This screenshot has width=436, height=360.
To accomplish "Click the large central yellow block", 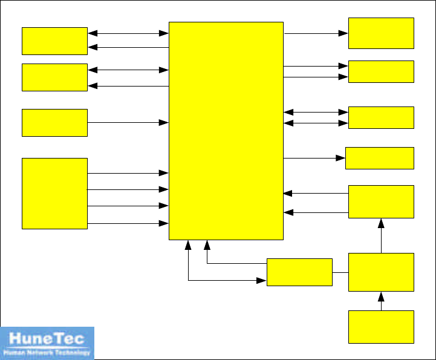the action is pos(226,131).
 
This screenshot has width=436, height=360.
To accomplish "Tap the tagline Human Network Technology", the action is pos(47,352).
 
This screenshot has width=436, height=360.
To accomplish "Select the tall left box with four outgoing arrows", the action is pos(54,194).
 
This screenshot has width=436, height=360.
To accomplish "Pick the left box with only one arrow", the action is pos(54,123).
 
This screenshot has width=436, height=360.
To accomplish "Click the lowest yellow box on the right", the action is pos(381,327).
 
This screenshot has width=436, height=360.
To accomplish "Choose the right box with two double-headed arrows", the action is pos(381,117).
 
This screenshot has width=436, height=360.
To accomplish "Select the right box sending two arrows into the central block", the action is pos(381,202).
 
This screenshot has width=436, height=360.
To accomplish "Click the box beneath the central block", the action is pos(299,272).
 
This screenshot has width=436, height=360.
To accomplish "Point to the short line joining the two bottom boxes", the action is pos(340,272).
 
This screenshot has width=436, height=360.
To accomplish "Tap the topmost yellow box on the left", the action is pos(54,41).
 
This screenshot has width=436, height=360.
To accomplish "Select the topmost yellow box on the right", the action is pos(381,33).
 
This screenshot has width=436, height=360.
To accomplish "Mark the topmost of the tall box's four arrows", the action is pos(128,173).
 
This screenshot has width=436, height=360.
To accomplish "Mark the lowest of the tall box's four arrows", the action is pos(128,223).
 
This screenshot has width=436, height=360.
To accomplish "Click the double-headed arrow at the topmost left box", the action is pos(128,33).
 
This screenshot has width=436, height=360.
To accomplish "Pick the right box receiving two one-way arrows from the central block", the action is pos(381,71).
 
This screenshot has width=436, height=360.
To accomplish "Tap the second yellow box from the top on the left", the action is pos(54,77).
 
